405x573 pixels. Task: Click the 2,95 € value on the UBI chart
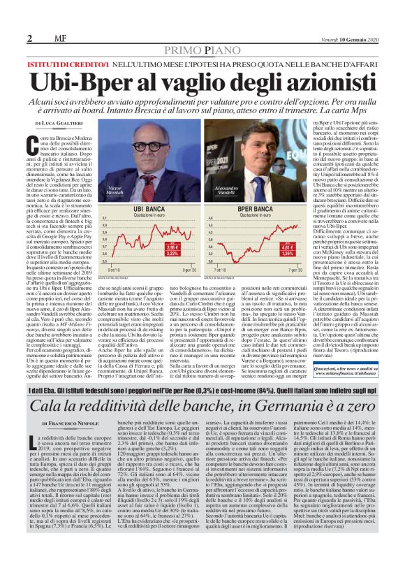point(173,247)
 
